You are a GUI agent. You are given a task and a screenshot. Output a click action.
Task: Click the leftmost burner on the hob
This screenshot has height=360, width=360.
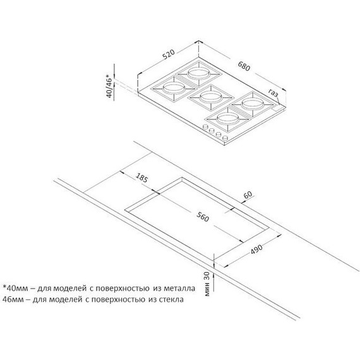click(x=173, y=88)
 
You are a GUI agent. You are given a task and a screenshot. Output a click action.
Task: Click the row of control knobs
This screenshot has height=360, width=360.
click(x=213, y=132)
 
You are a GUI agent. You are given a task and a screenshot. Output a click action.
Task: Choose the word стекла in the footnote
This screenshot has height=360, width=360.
click(x=170, y=299)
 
